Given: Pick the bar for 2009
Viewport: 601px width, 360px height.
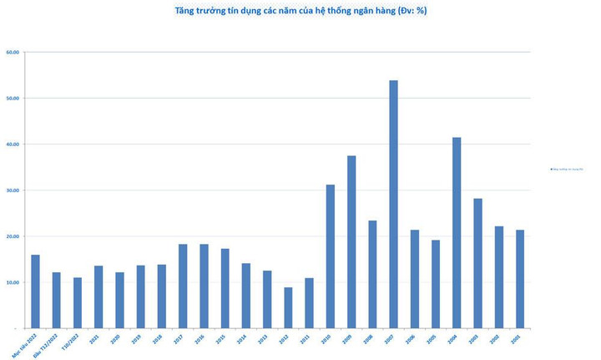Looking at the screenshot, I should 351,241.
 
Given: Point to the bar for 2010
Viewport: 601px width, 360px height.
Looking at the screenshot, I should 331,256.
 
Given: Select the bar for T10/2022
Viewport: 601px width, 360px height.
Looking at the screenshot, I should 78,302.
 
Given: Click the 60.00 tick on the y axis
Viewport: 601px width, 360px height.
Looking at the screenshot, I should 13,53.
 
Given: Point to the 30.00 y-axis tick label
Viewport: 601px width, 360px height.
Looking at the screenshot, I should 13,190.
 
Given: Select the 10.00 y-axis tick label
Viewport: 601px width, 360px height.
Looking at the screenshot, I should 13,282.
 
